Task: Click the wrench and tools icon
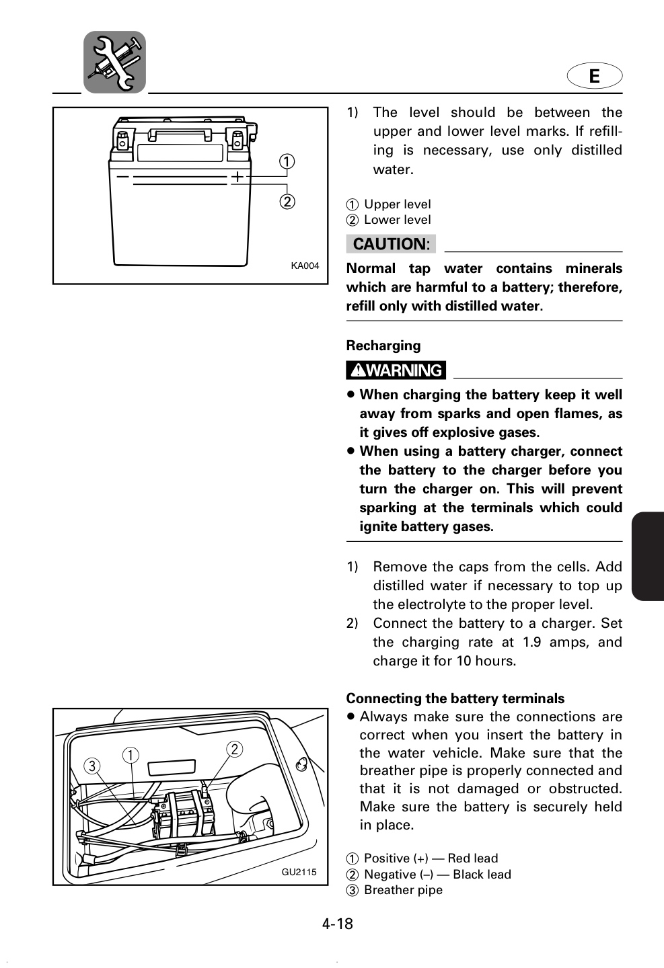[114, 62]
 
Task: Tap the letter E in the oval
[594, 76]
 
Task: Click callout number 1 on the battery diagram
[287, 161]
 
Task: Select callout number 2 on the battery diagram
[287, 202]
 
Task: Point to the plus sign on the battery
[237, 177]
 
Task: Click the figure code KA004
[305, 266]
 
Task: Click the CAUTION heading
[391, 244]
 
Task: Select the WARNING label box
[396, 370]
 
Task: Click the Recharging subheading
[383, 346]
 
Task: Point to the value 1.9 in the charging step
[531, 642]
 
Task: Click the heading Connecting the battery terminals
[455, 698]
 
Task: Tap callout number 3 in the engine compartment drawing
[92, 766]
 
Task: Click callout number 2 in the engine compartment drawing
[235, 749]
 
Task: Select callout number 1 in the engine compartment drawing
[131, 756]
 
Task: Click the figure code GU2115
[299, 872]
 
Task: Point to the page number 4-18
[338, 924]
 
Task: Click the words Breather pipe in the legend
[403, 890]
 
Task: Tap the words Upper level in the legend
[398, 204]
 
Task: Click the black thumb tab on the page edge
[648, 556]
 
